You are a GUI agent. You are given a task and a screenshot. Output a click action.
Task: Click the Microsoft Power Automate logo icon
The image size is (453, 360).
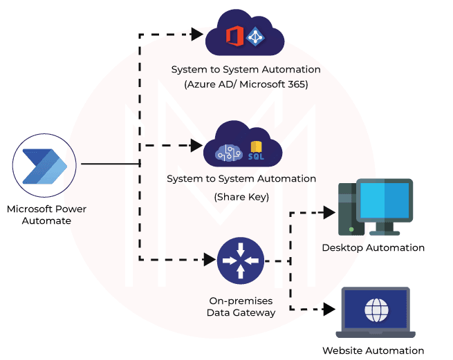click(x=44, y=166)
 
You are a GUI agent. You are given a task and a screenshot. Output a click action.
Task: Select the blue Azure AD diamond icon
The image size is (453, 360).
click(x=257, y=36)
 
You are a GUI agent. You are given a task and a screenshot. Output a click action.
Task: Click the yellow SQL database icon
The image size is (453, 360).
click(x=256, y=151)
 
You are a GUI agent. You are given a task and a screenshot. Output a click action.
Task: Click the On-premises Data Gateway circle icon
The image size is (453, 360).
click(x=240, y=261)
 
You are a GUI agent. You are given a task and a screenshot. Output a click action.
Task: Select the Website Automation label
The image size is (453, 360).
click(x=373, y=350)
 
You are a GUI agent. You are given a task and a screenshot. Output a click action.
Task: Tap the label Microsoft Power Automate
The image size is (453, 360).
click(x=46, y=214)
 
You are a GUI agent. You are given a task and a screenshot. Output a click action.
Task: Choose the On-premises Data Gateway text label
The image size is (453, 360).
click(x=241, y=307)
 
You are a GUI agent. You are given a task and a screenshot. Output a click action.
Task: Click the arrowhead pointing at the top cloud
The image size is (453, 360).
click(x=196, y=32)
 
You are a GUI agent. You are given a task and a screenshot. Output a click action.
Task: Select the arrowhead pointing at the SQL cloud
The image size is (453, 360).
click(x=196, y=146)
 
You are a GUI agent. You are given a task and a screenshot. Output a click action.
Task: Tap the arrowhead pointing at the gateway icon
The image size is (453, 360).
click(x=210, y=260)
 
